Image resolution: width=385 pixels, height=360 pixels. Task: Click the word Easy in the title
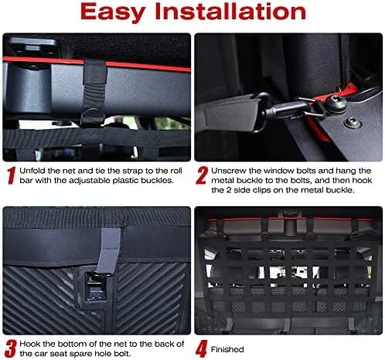coord(113,12)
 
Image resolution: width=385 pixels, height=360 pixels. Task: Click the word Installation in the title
coord(230,11)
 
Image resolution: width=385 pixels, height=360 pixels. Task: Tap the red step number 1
coord(11,175)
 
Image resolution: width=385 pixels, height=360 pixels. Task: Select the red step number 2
coord(202,175)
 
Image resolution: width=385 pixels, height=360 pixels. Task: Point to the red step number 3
coord(11,348)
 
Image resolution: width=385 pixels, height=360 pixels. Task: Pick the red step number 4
coord(202,348)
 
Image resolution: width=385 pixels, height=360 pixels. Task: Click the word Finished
coord(227,349)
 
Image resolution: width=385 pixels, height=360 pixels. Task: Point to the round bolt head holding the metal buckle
coord(336,104)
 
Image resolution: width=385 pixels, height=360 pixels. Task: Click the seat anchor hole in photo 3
coord(96,287)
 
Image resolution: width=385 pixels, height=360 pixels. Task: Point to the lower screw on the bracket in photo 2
coord(352,122)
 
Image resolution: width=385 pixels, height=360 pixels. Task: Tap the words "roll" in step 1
coord(176,171)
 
